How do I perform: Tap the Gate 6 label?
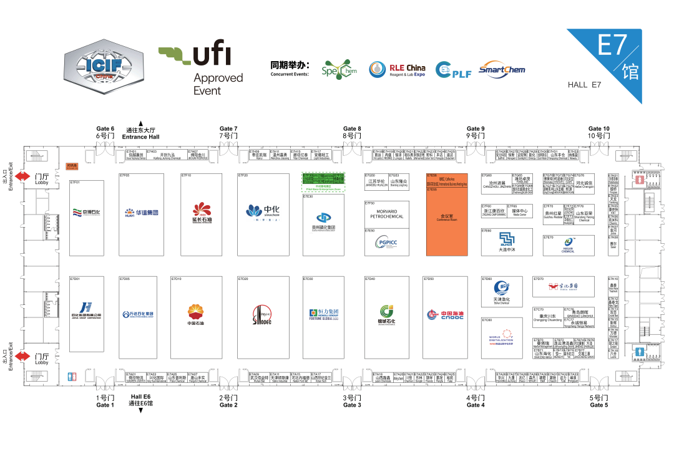105,132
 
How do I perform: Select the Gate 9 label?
476,132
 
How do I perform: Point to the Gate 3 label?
352,401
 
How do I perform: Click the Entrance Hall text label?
141,133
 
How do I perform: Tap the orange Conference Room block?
446,218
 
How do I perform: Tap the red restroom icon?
642,180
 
